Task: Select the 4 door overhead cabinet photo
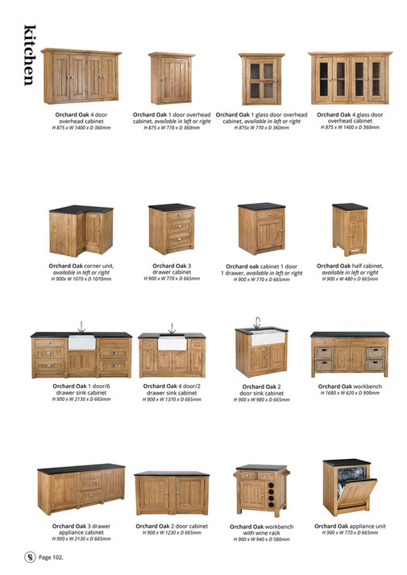click(81, 75)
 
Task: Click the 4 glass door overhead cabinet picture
click(351, 77)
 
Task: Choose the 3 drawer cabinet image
click(170, 229)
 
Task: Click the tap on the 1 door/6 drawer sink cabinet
click(81, 326)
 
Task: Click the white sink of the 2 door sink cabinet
click(266, 337)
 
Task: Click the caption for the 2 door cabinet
click(170, 526)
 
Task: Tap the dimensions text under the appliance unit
click(350, 532)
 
